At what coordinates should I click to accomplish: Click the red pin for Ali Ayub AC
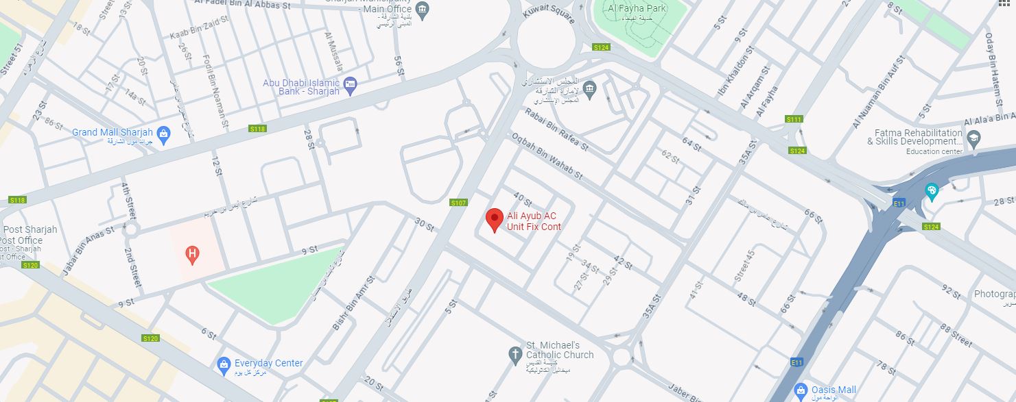pyautogui.click(x=494, y=220)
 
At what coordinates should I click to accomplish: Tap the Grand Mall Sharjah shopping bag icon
pyautogui.click(x=163, y=133)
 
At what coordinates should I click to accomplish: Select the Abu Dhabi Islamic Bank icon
pyautogui.click(x=351, y=84)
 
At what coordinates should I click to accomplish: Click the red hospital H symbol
pyautogui.click(x=193, y=255)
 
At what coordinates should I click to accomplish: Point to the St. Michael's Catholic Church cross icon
pyautogui.click(x=515, y=355)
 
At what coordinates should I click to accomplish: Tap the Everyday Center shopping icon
pyautogui.click(x=223, y=364)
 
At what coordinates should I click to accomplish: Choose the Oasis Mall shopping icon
pyautogui.click(x=800, y=390)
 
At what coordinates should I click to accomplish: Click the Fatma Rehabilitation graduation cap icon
pyautogui.click(x=973, y=138)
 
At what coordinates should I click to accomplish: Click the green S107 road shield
pyautogui.click(x=458, y=203)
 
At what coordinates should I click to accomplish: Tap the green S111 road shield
pyautogui.click(x=794, y=119)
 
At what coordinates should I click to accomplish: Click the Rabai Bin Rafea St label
pyautogui.click(x=556, y=129)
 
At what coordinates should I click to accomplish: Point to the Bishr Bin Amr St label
pyautogui.click(x=354, y=303)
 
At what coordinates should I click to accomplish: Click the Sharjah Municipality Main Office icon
pyautogui.click(x=423, y=10)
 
